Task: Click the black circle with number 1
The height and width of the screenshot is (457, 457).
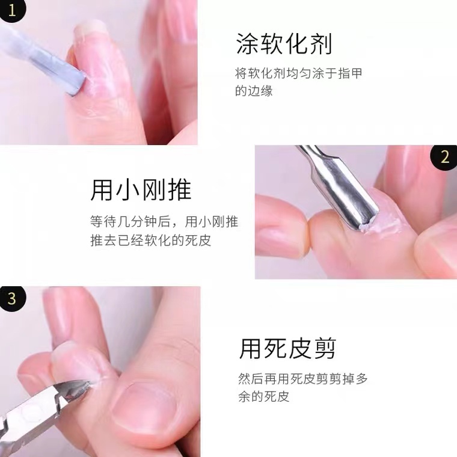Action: click(11, 10)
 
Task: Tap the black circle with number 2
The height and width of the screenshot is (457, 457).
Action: click(444, 157)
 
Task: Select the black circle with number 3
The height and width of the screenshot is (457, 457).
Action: click(12, 299)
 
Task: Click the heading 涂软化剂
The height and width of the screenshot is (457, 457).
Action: click(284, 44)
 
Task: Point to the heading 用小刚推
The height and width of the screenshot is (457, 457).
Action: click(141, 190)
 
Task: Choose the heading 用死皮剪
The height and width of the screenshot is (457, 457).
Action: click(287, 348)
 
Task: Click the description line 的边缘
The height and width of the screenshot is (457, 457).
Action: click(254, 91)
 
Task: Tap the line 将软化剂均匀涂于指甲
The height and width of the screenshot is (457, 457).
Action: click(298, 73)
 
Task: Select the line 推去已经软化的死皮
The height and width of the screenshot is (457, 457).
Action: click(151, 240)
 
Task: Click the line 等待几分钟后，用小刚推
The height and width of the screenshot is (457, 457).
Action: click(164, 221)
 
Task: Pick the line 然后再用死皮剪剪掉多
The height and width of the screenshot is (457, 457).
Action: click(303, 379)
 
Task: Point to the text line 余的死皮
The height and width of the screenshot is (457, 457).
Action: click(264, 396)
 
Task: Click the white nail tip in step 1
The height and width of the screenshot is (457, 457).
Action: click(89, 26)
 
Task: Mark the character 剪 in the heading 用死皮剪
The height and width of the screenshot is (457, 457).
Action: click(324, 348)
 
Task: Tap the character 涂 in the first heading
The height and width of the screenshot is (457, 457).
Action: click(247, 44)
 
